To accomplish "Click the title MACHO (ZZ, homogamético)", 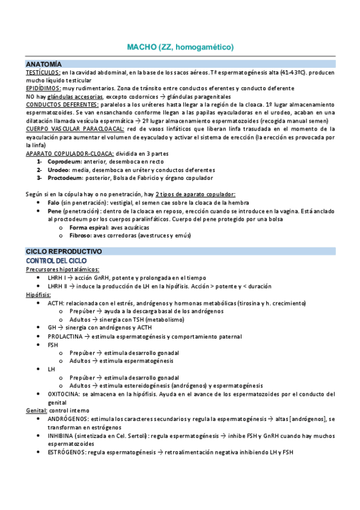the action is point(180,46).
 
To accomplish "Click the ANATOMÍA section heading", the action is point(44,64).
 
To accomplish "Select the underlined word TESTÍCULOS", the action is point(43,72).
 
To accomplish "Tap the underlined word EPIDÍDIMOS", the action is point(43,88).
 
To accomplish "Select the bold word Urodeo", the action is point(59,170).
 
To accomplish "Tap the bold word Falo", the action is point(53,203).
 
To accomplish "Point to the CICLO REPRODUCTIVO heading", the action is point(64,251).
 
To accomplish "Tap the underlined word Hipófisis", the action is point(38,295).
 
